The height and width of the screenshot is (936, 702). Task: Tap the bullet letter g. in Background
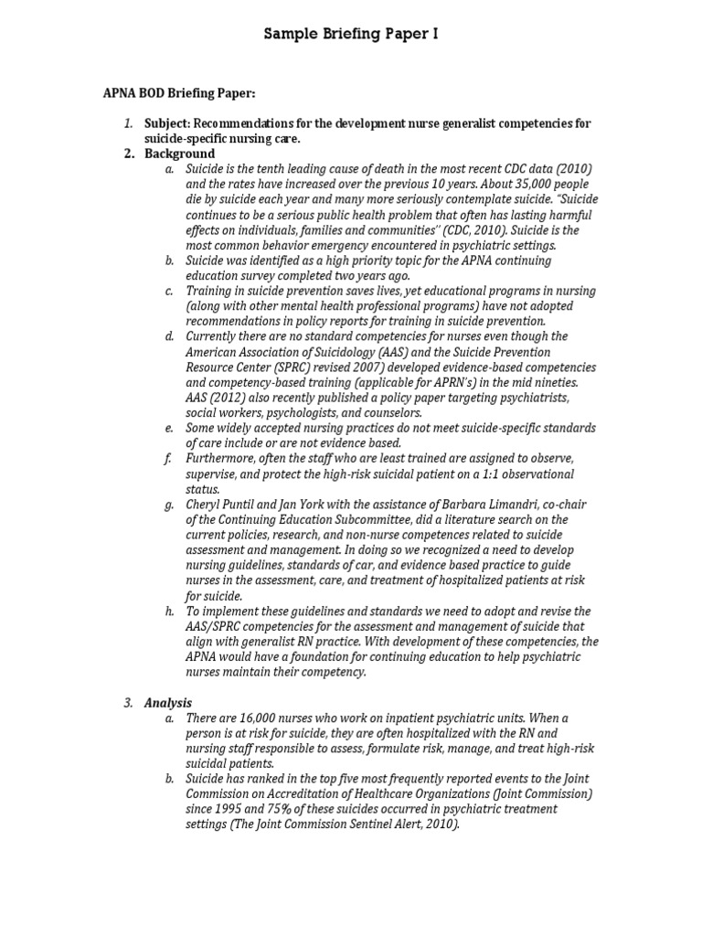tap(169, 505)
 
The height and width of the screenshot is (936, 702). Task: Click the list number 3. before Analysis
tap(129, 702)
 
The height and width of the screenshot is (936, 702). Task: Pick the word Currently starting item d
tap(217, 336)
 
